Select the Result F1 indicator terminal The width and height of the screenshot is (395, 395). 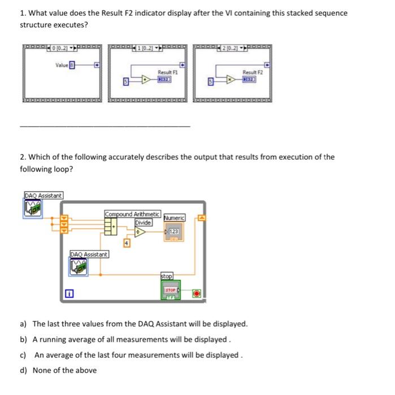165,81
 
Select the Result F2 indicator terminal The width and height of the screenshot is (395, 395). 249,81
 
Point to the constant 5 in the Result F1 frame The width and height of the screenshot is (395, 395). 125,83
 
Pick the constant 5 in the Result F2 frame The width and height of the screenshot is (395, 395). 210,83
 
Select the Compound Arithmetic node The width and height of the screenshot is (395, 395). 111,226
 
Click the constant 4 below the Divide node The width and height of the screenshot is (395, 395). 127,243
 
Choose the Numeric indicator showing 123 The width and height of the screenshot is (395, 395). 173,232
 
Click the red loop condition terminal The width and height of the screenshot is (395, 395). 196,294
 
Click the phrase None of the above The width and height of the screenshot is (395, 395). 64,370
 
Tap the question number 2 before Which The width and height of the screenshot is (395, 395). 23,157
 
